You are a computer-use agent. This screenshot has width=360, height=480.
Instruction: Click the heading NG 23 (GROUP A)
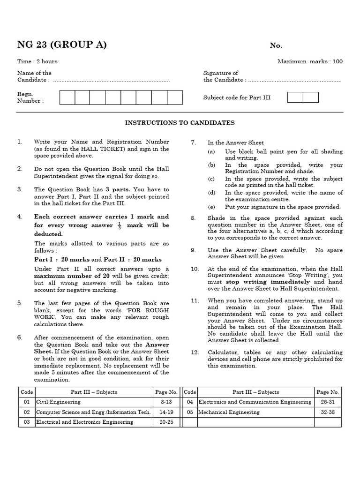62,45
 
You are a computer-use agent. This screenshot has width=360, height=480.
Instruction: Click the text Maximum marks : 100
310,61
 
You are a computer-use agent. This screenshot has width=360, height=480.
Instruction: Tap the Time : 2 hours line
37,61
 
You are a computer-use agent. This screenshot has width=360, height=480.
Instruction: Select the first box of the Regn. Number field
67,97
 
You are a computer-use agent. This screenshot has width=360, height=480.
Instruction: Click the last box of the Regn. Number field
174,97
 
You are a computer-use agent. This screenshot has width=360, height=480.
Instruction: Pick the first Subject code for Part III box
295,97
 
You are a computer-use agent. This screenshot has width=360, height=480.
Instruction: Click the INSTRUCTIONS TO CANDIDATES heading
180,123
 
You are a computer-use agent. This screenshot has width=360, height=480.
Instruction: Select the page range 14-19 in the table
166,412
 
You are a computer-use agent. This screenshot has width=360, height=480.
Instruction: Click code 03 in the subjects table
26,422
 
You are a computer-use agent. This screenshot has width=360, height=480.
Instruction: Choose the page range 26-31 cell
327,402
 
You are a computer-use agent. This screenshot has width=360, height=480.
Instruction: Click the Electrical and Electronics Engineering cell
84,422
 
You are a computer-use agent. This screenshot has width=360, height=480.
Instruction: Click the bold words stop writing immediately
268,282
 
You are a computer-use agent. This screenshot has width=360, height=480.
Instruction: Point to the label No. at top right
276,45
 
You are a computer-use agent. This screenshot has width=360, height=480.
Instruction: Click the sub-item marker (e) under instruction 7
212,207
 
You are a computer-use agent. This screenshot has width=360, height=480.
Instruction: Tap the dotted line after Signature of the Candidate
294,80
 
